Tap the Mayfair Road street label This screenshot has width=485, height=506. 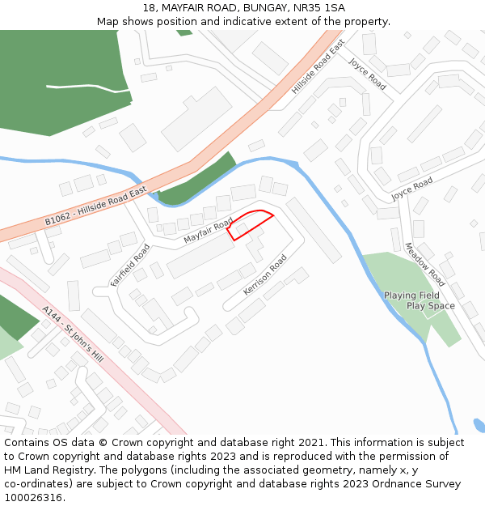[208, 230]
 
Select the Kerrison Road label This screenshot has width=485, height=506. [265, 275]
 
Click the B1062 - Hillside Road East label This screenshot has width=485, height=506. [95, 206]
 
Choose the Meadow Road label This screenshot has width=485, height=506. [424, 264]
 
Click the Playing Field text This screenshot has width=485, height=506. [411, 296]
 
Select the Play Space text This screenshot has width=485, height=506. [430, 306]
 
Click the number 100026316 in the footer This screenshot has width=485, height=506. [35, 498]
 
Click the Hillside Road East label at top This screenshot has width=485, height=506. [318, 66]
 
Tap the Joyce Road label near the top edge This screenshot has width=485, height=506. [367, 73]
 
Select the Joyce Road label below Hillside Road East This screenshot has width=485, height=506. [411, 189]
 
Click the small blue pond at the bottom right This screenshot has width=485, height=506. [479, 425]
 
